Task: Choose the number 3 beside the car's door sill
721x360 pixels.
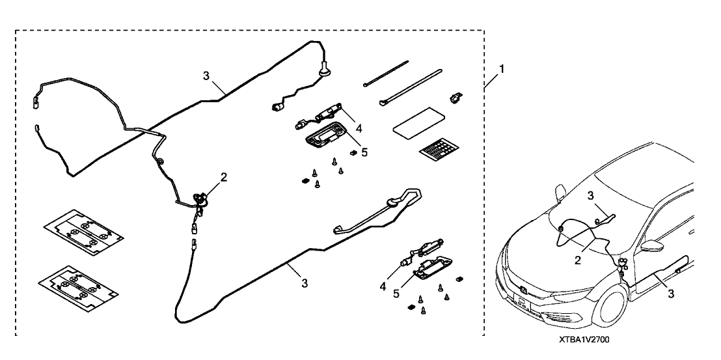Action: point(670,294)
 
